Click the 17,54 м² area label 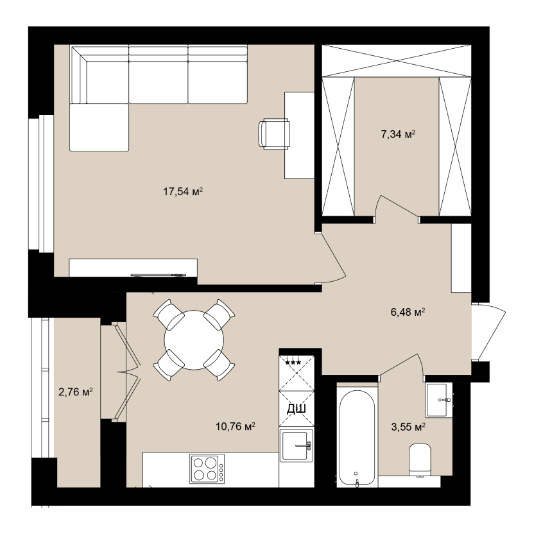tap(183, 191)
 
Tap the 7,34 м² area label tap(398, 134)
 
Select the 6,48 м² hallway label tap(408, 312)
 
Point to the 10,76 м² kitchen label tap(236, 426)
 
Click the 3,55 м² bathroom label tap(408, 427)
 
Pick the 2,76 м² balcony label tap(76, 392)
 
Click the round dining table tap(194, 340)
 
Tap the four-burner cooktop tap(207, 469)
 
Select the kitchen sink tap(297, 446)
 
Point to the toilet tap(420, 460)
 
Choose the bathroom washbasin tap(439, 400)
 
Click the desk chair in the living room tap(274, 134)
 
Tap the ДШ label tap(297, 408)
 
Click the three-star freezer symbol tap(293, 363)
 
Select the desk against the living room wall tap(299, 135)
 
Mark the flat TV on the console tap(159, 275)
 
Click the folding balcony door tap(128, 372)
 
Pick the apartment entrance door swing tap(488, 331)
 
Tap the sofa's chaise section tap(99, 127)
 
